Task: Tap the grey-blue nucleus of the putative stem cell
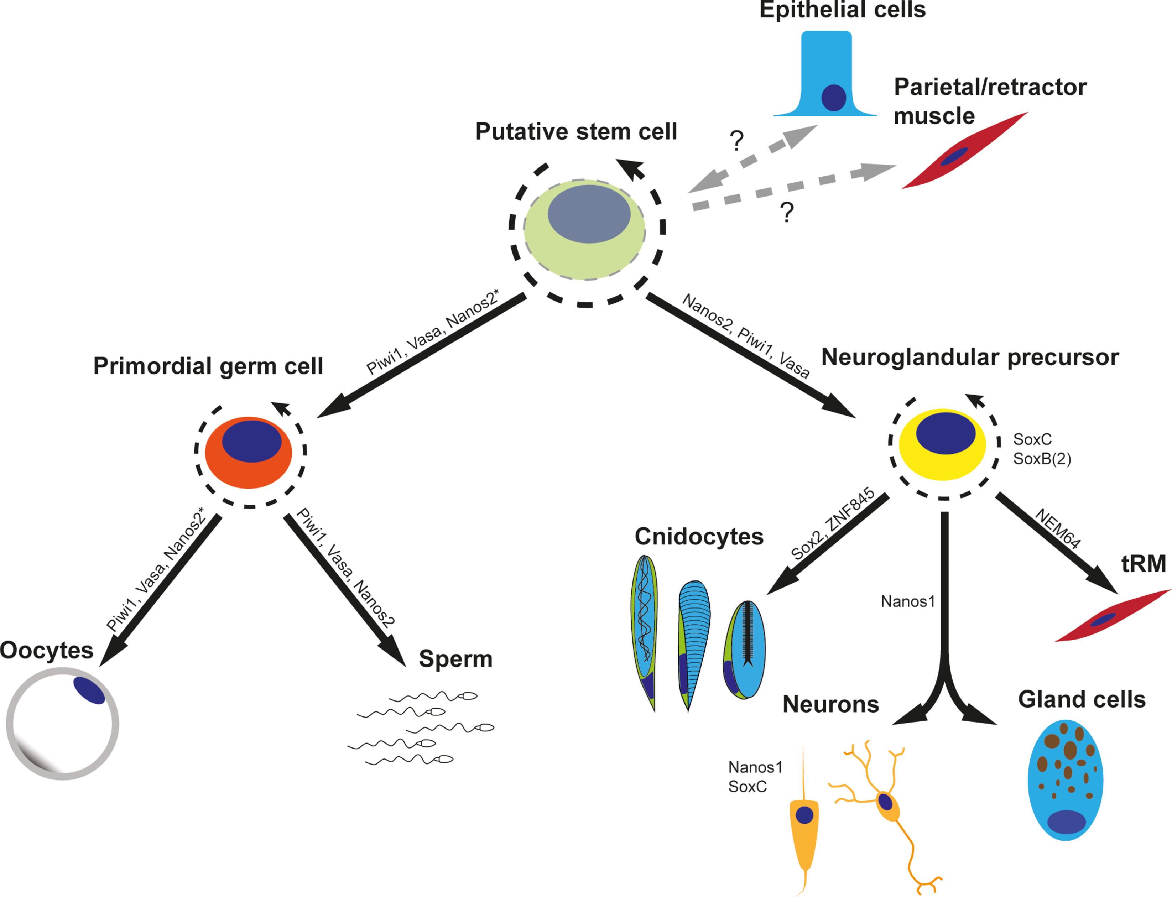point(589,214)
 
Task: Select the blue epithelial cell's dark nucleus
point(833,98)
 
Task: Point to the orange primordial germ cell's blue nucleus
point(251,441)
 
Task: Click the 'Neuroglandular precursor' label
point(970,357)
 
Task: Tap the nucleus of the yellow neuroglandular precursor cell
point(946,433)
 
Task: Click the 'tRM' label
point(1143,563)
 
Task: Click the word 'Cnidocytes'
point(699,537)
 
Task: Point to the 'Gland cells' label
point(1082,699)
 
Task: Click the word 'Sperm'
point(455,659)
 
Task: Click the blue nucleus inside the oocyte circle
point(89,690)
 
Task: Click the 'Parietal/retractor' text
point(990,87)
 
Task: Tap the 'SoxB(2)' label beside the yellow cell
point(1042,459)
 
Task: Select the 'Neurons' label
point(831,704)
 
